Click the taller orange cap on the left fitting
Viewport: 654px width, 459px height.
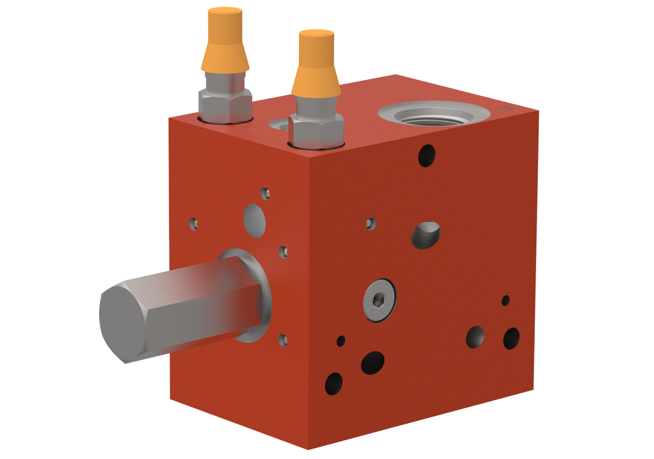coord(225,41)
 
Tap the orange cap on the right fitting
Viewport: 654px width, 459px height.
coord(316,64)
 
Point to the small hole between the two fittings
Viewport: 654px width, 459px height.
coord(278,124)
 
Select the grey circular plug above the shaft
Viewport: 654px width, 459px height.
coord(254,220)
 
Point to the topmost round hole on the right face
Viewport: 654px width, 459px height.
coord(427,155)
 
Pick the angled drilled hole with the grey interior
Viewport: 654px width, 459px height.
coord(426,235)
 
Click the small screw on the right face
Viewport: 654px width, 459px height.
coord(371,223)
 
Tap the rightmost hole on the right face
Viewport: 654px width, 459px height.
coord(511,338)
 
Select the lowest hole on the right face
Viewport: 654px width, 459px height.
coord(334,383)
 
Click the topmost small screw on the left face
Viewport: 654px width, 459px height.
coord(265,193)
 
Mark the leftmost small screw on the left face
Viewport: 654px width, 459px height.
coord(194,223)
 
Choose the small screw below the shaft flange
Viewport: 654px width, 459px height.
coord(283,339)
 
